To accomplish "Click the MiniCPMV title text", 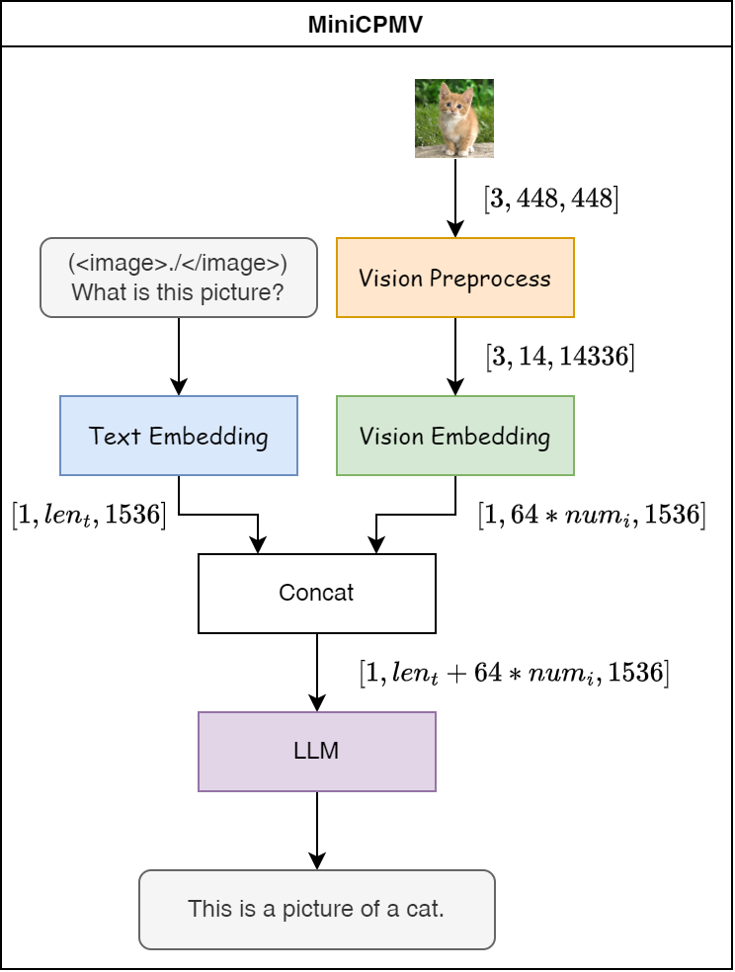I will click(366, 24).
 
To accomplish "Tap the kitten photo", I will click(453, 119).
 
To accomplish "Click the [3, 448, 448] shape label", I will click(551, 199).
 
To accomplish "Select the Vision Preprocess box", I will click(454, 278).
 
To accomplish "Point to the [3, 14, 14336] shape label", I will click(560, 357).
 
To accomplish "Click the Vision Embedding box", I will click(454, 436).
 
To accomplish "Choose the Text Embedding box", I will click(178, 436).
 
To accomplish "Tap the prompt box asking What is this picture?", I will click(178, 278).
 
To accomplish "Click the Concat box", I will click(316, 593).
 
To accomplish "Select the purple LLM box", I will click(316, 751).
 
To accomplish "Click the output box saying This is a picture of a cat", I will click(316, 909).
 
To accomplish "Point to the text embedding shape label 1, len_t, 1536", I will click(89, 514).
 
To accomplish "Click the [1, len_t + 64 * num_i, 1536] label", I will click(514, 673).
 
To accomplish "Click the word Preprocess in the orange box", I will click(489, 279).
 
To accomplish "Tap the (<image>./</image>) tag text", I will click(178, 264).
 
